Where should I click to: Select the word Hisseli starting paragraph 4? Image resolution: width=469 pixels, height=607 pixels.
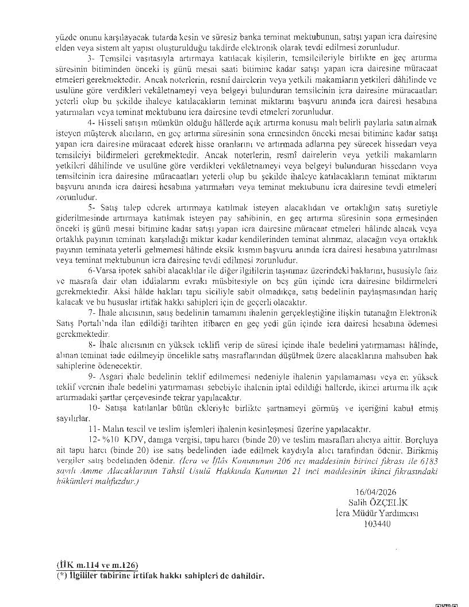coord(106,124)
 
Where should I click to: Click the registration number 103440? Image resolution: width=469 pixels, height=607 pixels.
coord(377,524)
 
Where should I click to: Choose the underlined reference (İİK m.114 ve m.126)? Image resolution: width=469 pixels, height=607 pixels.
coord(97,566)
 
